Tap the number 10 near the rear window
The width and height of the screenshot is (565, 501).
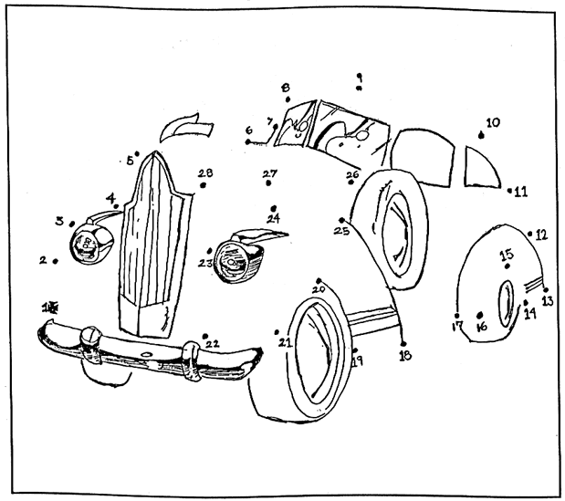493,121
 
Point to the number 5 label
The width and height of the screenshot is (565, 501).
130,162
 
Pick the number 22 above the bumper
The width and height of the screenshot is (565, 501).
212,344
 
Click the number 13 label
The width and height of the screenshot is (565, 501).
547,300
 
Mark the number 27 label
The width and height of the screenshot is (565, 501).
270,173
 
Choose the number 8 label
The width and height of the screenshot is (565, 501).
286,87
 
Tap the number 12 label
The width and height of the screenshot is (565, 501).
541,235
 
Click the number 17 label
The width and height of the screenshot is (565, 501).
457,326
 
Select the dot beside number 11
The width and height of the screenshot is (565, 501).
508,191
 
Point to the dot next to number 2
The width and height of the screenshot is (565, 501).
56,262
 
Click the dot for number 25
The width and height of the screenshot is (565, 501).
340,220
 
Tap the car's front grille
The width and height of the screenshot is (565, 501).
153,246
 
